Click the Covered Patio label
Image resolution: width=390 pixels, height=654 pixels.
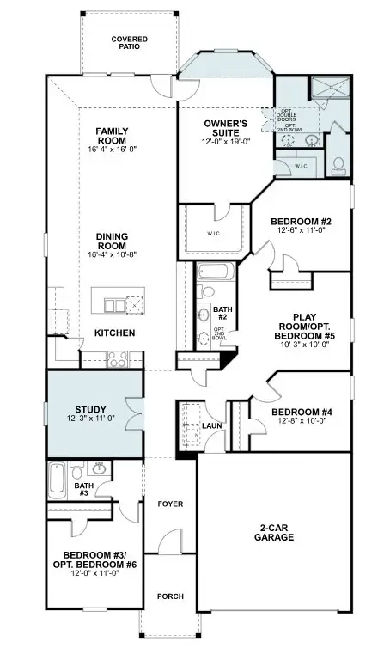pos(129,45)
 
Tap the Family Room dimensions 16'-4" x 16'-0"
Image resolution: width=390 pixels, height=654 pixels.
pos(112,148)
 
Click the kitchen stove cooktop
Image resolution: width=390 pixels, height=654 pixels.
pos(118,360)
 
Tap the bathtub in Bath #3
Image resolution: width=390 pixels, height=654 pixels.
pos(57,480)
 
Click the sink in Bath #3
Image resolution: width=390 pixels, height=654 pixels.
pos(100,469)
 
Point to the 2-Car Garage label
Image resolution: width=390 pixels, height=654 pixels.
pos(274,532)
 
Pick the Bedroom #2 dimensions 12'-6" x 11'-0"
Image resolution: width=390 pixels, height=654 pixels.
pos(299,229)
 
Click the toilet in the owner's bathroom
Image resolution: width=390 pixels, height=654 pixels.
pos(338,165)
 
